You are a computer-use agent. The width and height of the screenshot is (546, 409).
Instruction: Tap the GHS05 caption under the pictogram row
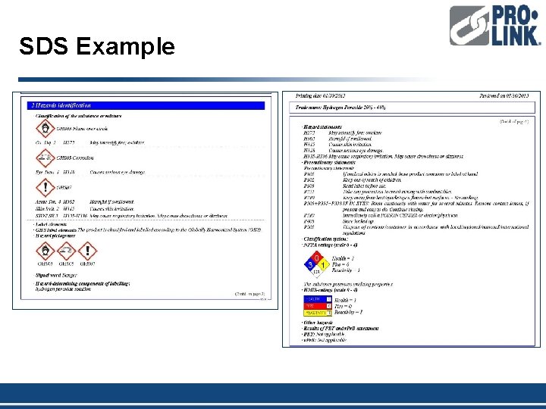coord(65,263)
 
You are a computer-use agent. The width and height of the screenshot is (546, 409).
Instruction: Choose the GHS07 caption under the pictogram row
coord(88,263)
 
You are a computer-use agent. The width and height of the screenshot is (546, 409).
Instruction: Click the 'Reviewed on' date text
coord(504,96)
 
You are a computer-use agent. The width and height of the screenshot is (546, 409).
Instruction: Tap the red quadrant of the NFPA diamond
coord(317,258)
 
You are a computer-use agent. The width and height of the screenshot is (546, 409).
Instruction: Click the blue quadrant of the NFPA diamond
coord(309,264)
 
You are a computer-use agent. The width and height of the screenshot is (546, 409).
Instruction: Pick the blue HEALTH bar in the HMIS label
coord(316,299)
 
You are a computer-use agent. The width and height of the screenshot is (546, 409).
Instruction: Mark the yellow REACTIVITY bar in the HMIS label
coord(316,311)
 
